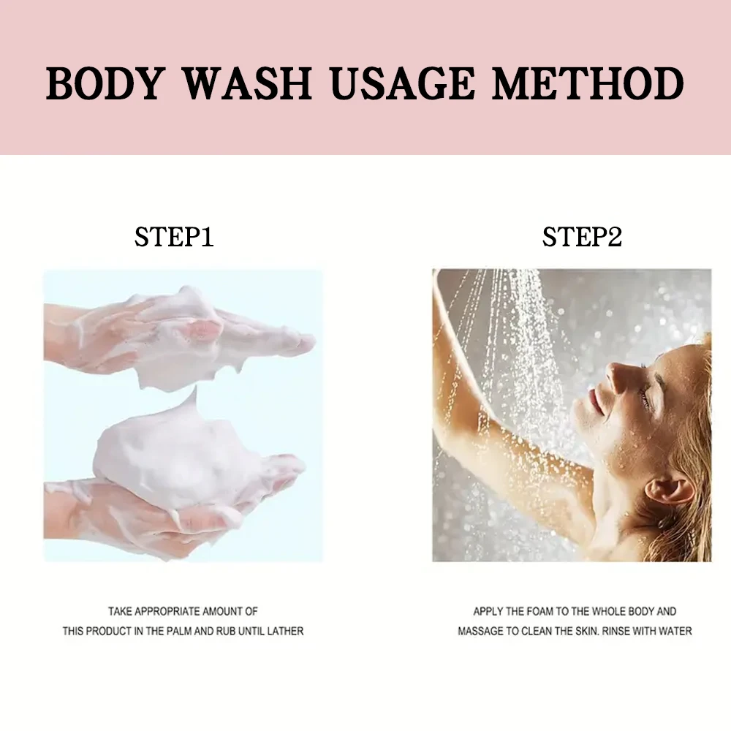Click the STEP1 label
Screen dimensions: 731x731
(174, 237)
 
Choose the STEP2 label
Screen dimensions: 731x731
(582, 237)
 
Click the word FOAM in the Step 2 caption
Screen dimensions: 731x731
(534, 611)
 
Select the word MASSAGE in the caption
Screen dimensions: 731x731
(483, 631)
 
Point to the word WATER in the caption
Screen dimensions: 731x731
(675, 631)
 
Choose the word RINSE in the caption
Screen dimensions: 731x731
(618, 631)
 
